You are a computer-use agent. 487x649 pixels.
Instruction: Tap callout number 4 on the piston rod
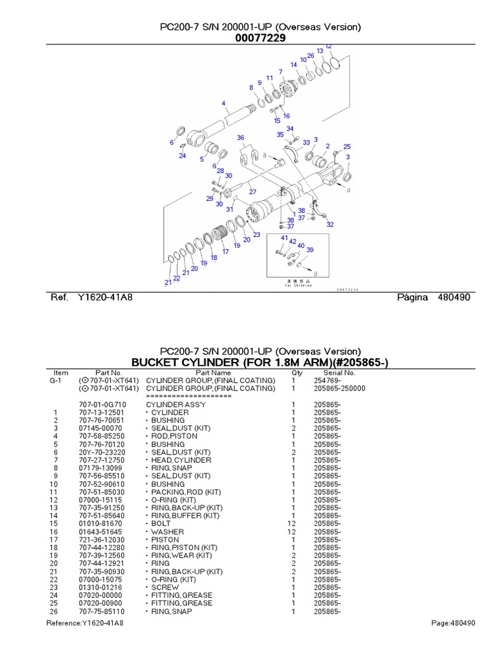[x=223, y=103]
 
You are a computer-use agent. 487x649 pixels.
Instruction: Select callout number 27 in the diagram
[x=252, y=192]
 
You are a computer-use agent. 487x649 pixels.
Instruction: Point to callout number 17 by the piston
[x=225, y=252]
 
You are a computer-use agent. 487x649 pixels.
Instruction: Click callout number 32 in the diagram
[x=330, y=224]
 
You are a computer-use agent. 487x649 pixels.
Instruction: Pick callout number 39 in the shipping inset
[x=310, y=250]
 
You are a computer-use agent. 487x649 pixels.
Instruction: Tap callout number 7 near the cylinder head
[x=280, y=72]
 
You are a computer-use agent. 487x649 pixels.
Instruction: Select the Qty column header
[x=297, y=373]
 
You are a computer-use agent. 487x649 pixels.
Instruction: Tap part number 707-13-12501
[x=101, y=413]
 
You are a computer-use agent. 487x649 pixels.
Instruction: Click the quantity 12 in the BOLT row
[x=292, y=524]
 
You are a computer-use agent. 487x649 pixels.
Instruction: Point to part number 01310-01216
[x=101, y=588]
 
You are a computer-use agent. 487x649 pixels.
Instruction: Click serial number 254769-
[x=327, y=380]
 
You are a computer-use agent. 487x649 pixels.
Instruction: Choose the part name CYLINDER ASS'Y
[x=169, y=404]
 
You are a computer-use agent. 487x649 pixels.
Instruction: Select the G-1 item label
[x=55, y=380]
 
